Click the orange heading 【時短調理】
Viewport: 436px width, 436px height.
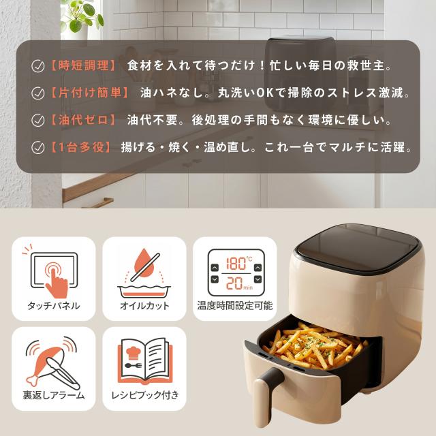(83, 66)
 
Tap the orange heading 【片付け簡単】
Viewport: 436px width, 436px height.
(89, 93)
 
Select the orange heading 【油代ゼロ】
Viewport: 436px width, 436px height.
(83, 120)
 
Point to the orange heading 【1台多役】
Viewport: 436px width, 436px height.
(80, 147)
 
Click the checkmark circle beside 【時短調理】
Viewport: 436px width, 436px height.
(38, 66)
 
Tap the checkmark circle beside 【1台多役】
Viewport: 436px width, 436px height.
(38, 147)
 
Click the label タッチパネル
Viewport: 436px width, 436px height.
(53, 306)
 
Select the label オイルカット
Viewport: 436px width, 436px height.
(144, 306)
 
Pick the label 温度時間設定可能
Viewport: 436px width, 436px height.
(235, 306)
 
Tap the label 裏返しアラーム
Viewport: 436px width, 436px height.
(53, 395)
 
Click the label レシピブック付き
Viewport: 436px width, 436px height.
(144, 395)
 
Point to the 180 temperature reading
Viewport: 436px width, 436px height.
(236, 264)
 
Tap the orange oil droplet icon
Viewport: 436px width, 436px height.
(144, 263)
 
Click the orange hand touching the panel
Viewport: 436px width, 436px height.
(57, 279)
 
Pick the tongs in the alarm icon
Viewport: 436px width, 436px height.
(63, 373)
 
